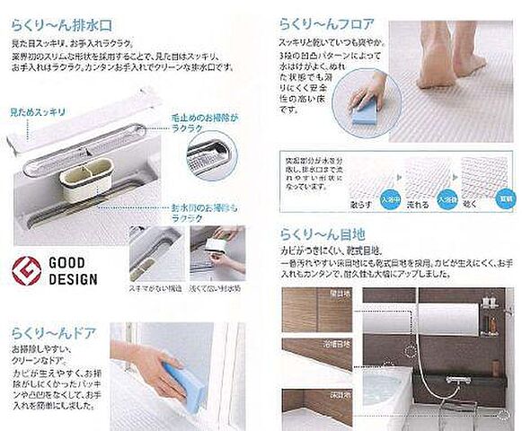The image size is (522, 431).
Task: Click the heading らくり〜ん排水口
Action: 67,17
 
